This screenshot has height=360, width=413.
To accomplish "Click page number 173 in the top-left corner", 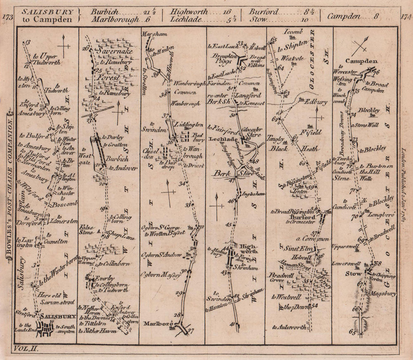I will pos(7,17).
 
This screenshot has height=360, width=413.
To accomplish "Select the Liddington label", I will pos(190,124).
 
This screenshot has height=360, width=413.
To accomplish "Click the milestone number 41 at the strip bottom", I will pos(232,324).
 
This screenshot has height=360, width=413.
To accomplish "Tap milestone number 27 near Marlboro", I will pos(190,330).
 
